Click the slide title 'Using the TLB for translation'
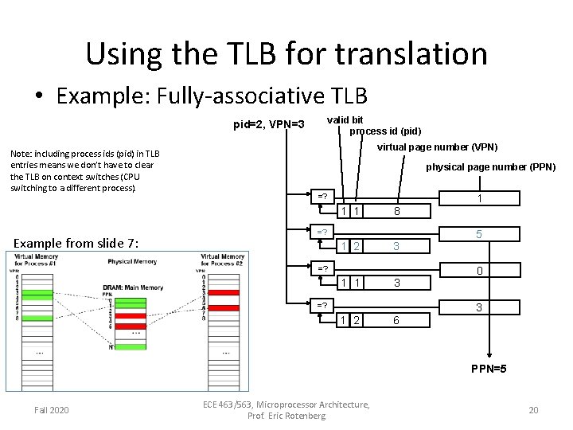286,53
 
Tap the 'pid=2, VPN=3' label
268,124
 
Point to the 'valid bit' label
345,120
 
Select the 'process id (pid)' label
385,131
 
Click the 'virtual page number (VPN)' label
437,147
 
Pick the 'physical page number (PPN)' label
490,167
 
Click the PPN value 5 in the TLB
479,234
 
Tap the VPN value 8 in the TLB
396,211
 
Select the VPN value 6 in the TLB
396,319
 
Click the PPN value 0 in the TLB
479,271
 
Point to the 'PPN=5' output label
489,369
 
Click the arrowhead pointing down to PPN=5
489,358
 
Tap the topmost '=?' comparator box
322,196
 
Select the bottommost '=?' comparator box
322,305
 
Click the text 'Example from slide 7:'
76,243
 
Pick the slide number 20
533,410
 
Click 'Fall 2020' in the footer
51,410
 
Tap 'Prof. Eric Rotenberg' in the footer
286,416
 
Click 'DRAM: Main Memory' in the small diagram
132,287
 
